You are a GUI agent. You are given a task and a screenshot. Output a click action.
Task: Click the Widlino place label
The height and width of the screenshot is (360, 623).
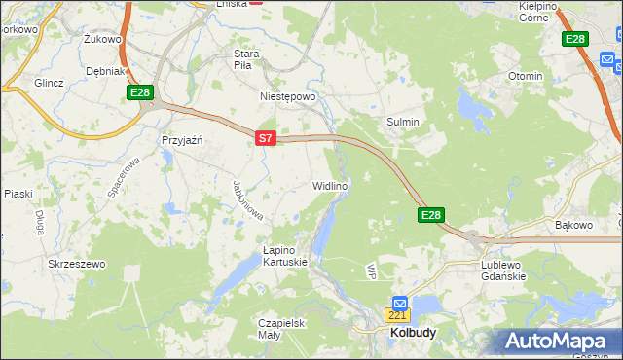pyautogui.click(x=330, y=185)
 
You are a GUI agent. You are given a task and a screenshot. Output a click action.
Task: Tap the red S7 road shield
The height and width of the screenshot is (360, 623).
pyautogui.click(x=266, y=139)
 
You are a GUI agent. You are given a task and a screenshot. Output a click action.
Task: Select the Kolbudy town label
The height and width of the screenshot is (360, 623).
pyautogui.click(x=413, y=332)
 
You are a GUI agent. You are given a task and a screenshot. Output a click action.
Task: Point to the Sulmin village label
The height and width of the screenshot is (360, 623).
pyautogui.click(x=404, y=122)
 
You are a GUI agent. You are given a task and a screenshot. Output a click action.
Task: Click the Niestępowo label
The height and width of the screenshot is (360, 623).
pyautogui.click(x=289, y=97)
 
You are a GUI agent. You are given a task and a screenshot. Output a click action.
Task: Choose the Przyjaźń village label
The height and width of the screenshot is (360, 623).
pyautogui.click(x=181, y=140)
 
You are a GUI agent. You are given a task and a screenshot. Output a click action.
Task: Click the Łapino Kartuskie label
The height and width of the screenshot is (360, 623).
pyautogui.click(x=285, y=256)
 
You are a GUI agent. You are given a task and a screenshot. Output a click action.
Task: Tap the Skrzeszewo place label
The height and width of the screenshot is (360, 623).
pyautogui.click(x=76, y=264)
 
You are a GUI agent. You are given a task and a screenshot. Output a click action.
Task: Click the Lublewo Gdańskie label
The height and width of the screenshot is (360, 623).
pyautogui.click(x=503, y=270)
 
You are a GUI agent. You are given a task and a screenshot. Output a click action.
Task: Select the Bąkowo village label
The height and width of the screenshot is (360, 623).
pyautogui.click(x=573, y=225)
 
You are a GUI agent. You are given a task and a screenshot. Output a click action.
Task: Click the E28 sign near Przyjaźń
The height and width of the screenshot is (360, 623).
pyautogui.click(x=140, y=92)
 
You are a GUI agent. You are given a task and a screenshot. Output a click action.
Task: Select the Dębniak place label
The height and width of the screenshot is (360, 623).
pyautogui.click(x=105, y=71)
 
